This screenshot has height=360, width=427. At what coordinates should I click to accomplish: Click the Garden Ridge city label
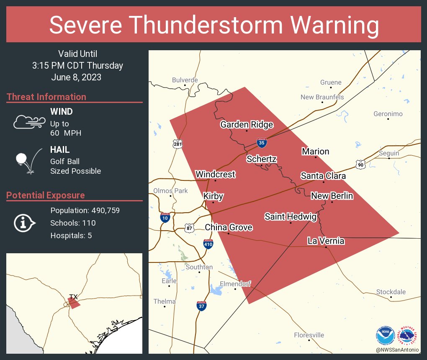[x=247, y=124]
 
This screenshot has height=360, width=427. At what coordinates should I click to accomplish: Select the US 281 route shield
[x=177, y=144]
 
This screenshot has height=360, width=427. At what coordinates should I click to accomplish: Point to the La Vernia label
[x=326, y=241]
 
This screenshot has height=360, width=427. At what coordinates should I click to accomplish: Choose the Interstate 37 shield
[x=201, y=305]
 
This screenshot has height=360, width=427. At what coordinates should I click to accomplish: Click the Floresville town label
[x=309, y=335]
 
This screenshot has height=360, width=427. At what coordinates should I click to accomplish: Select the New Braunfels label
[x=322, y=97]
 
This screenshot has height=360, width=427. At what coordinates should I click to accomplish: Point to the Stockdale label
[x=391, y=292]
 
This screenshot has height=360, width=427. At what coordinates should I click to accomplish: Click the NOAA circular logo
[x=385, y=335]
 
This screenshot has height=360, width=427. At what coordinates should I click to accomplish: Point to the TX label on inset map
[x=74, y=297]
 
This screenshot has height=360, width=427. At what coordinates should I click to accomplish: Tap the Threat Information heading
[x=46, y=97]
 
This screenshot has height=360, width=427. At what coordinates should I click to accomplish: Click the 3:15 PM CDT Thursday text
[x=77, y=65]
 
